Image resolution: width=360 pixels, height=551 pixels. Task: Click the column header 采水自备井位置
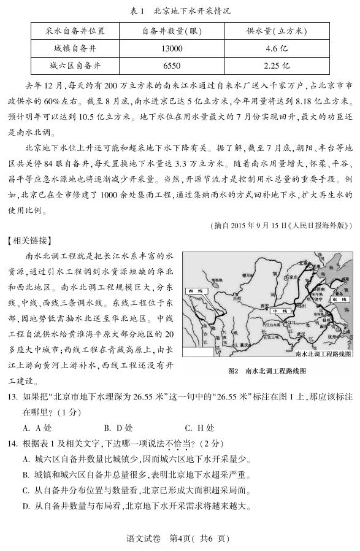point(74,31)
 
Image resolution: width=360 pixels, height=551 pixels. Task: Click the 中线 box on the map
point(280,311)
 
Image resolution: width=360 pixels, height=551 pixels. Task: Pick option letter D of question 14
point(26,506)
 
